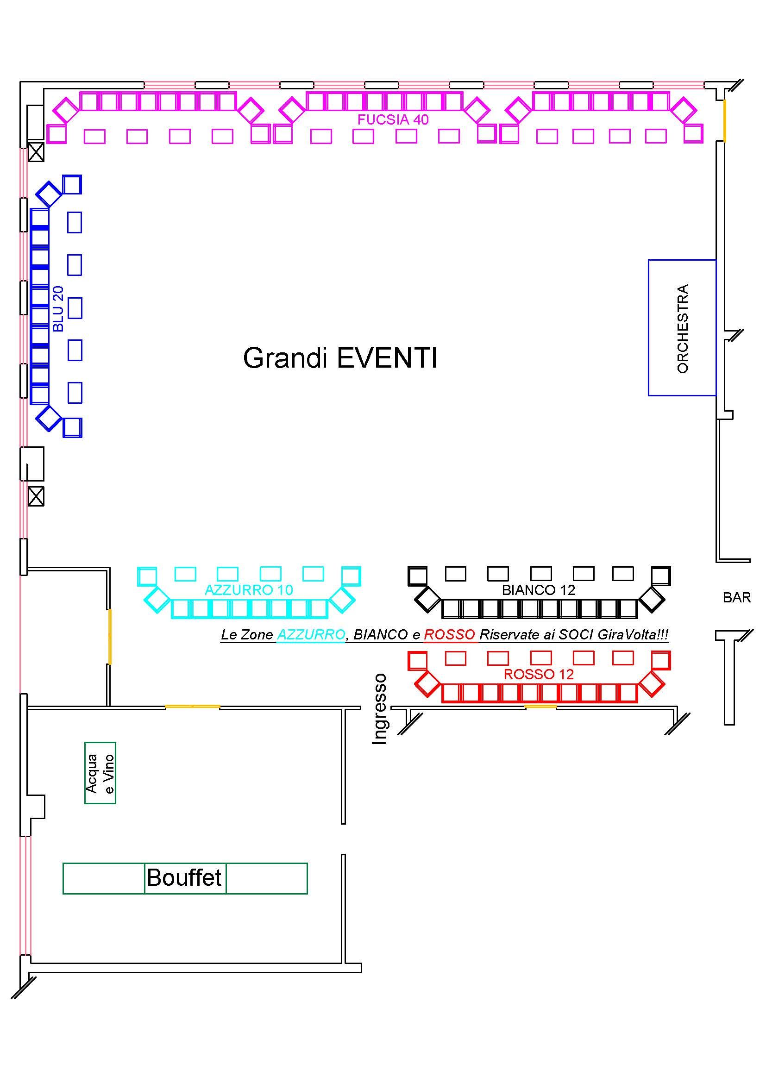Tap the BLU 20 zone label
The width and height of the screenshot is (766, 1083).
click(x=58, y=308)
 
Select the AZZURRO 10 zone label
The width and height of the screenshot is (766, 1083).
click(x=249, y=589)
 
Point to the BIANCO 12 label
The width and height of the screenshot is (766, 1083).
click(x=538, y=590)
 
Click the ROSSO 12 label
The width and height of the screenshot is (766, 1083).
click(x=539, y=674)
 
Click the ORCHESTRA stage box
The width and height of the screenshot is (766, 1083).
click(x=682, y=328)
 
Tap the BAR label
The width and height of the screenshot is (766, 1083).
click(x=736, y=598)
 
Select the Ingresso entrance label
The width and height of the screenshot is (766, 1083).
click(x=380, y=709)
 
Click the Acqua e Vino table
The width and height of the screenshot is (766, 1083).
click(x=100, y=773)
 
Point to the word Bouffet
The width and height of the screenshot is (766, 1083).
click(x=184, y=878)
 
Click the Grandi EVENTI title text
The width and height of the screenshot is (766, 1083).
click(x=339, y=358)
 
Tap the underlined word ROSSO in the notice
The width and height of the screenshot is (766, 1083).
click(x=449, y=635)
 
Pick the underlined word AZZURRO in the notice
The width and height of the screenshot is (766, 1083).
click(x=311, y=635)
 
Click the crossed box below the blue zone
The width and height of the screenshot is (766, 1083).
click(x=36, y=496)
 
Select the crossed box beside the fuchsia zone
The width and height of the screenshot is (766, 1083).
click(x=36, y=152)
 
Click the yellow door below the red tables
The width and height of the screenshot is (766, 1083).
click(x=540, y=706)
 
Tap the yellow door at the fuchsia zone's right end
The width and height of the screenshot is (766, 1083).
click(x=724, y=120)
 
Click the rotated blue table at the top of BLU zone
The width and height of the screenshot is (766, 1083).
click(x=49, y=194)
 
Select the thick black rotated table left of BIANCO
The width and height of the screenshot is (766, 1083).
click(x=428, y=600)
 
